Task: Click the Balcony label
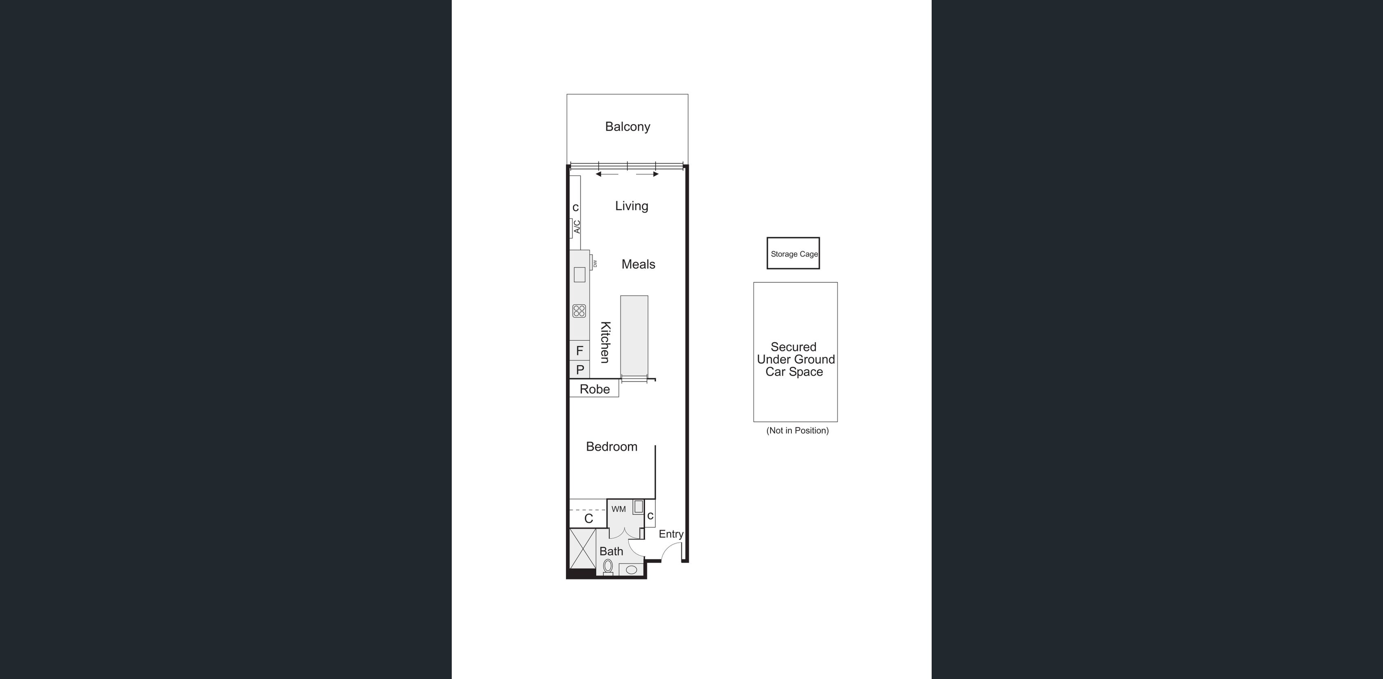pyautogui.click(x=627, y=127)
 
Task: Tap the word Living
pyautogui.click(x=632, y=206)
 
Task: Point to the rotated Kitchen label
pyautogui.click(x=605, y=342)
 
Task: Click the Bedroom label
pyautogui.click(x=612, y=446)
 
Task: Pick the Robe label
pyautogui.click(x=594, y=389)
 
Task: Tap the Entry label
pyautogui.click(x=671, y=534)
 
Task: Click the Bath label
pyautogui.click(x=611, y=551)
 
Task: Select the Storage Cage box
pyautogui.click(x=793, y=253)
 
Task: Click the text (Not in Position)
pyautogui.click(x=797, y=430)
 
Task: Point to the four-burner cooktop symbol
pyautogui.click(x=579, y=311)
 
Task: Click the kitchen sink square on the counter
pyautogui.click(x=579, y=275)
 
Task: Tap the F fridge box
pyautogui.click(x=579, y=351)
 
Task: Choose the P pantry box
pyautogui.click(x=579, y=370)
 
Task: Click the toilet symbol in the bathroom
pyautogui.click(x=608, y=566)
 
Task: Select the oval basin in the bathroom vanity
pyautogui.click(x=632, y=569)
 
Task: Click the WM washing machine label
pyautogui.click(x=619, y=509)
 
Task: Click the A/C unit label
pyautogui.click(x=576, y=227)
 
